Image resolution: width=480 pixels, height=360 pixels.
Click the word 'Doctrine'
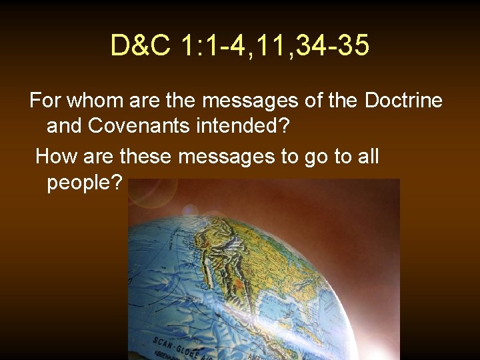tap(403, 101)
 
